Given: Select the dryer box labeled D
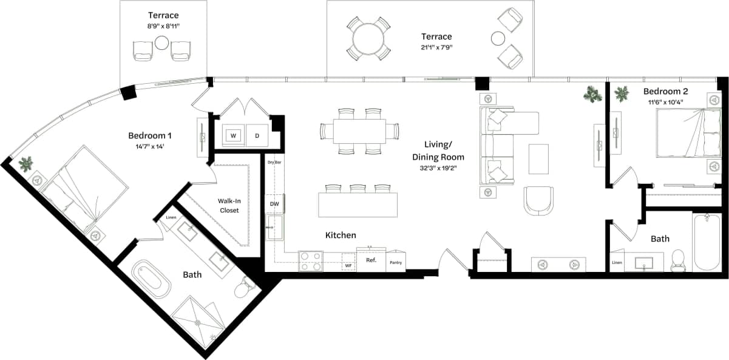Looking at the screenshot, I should click(x=257, y=135).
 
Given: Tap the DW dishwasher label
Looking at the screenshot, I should click(x=274, y=204).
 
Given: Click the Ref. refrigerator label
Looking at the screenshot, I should click(x=371, y=260).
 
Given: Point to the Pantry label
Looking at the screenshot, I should click(x=395, y=262).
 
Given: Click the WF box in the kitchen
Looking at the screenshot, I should click(x=348, y=265).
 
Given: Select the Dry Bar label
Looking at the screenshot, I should click(x=275, y=162).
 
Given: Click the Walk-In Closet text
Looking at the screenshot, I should click(x=228, y=206).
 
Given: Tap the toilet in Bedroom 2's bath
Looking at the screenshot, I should click(x=678, y=261).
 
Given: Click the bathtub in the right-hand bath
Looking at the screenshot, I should click(x=708, y=243).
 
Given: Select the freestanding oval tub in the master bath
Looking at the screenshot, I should click(x=151, y=278).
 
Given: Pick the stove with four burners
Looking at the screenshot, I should click(x=311, y=262).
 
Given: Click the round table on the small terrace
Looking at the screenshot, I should click(x=161, y=43).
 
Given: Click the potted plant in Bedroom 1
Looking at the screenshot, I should click(x=26, y=164).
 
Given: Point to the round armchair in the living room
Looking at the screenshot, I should click(x=538, y=200).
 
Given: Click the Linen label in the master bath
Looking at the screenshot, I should click(x=172, y=217).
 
